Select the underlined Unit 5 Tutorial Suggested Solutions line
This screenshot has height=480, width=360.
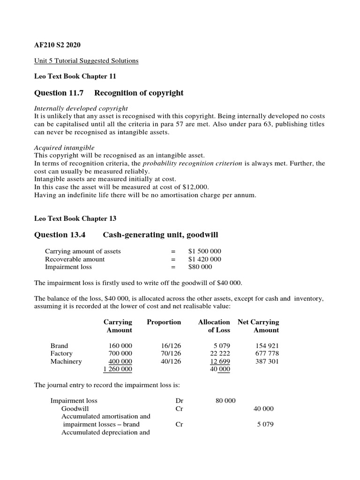pyautogui.click(x=87, y=61)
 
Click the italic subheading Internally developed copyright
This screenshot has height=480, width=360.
pyautogui.click(x=81, y=108)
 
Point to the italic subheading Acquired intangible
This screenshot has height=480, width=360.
pyautogui.click(x=64, y=148)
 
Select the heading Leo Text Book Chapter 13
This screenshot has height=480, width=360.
pyautogui.click(x=75, y=218)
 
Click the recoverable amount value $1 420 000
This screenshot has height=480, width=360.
pyautogui.click(x=204, y=259)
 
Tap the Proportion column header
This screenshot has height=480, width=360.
pyautogui.click(x=164, y=322)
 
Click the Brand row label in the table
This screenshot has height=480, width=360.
pyautogui.click(x=59, y=345)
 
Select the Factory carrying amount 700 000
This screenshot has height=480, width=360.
pyautogui.click(x=120, y=353)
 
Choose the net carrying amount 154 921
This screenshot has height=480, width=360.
pyautogui.click(x=267, y=345)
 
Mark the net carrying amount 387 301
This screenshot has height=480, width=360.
pyautogui.click(x=267, y=361)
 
